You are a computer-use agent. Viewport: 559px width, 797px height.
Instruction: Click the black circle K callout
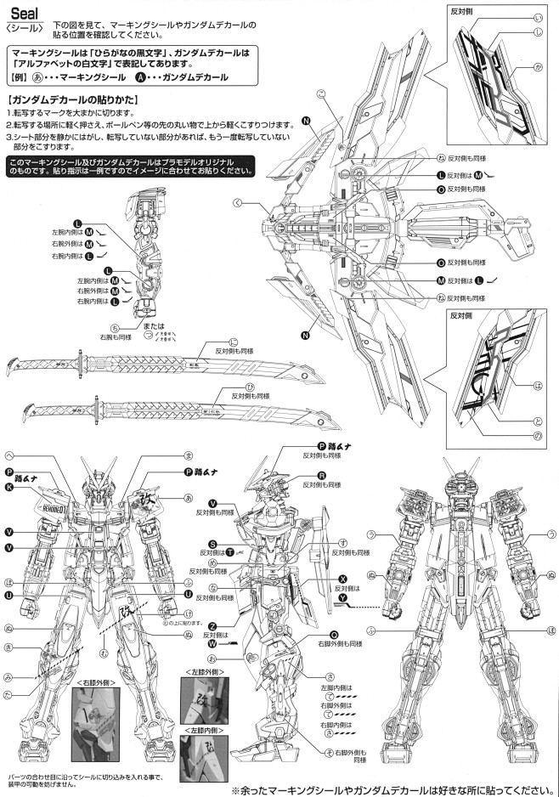click(9, 488)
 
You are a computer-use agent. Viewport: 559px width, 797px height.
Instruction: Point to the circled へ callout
click(9, 456)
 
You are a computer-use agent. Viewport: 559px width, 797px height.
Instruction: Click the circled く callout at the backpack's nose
click(238, 202)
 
